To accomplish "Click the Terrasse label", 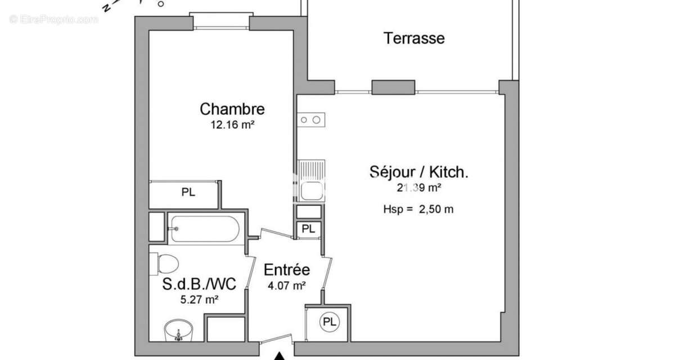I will click(x=414, y=38).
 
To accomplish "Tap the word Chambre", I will click(x=232, y=109).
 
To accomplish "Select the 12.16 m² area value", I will click(x=232, y=125).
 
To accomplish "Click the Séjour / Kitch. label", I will click(x=418, y=172).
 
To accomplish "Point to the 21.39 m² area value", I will click(x=419, y=188).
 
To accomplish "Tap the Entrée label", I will click(x=287, y=270).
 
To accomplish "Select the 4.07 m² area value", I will click(x=287, y=286).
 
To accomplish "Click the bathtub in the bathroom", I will click(x=205, y=229).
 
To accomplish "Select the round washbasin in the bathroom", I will click(x=178, y=332).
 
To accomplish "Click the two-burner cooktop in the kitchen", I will click(x=311, y=119).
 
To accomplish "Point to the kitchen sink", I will click(x=311, y=181).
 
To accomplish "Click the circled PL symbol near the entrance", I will click(x=330, y=322).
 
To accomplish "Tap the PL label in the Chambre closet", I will click(x=188, y=192).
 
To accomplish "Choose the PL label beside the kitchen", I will click(x=309, y=229).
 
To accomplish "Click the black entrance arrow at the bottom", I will click(x=279, y=355).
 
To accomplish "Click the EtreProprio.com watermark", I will click(x=53, y=19).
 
